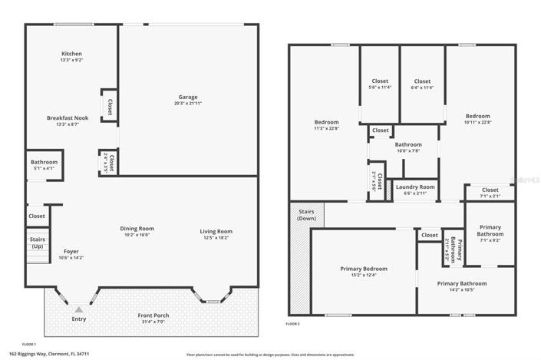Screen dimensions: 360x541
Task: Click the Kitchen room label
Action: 71,54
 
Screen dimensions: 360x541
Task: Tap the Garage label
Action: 188,97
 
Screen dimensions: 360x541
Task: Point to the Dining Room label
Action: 137,230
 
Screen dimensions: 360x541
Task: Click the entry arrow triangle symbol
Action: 78,309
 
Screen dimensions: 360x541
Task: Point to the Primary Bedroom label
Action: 364,269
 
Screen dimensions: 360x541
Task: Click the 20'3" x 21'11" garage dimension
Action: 188,104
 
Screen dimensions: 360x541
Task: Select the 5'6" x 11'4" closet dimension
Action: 381,88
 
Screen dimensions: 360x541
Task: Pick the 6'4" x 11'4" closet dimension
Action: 422,88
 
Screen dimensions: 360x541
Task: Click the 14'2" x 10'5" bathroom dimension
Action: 461,289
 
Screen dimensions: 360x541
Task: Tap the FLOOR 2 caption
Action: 292,325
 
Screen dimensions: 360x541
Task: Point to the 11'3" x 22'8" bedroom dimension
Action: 326,129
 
